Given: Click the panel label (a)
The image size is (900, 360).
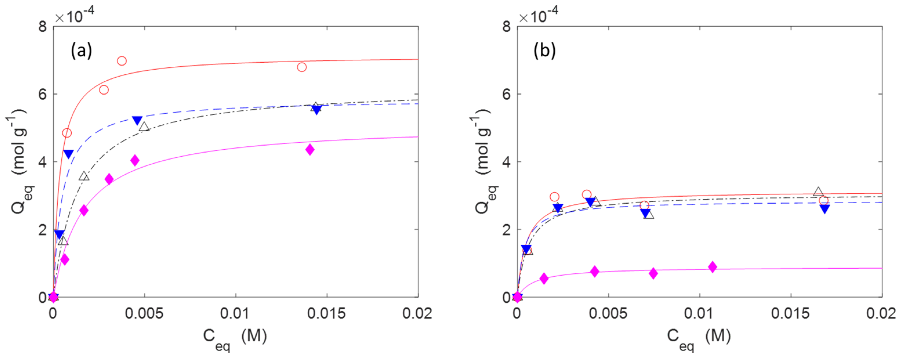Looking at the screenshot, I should (x=81, y=51).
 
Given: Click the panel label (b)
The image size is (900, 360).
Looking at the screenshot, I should (x=544, y=51).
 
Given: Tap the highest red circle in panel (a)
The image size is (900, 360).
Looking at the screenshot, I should (x=121, y=61).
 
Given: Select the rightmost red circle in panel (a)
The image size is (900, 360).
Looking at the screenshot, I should (x=302, y=67).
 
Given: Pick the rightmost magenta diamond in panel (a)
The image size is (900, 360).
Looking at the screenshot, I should (x=310, y=150).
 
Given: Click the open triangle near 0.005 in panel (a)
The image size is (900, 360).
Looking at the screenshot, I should (x=144, y=127).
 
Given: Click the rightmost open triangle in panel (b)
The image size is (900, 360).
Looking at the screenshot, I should (x=818, y=192).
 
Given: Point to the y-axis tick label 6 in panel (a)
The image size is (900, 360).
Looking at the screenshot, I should (x=42, y=94).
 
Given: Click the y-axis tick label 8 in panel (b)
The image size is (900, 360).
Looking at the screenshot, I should (x=506, y=27).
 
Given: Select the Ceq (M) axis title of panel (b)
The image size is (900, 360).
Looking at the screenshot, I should (x=699, y=338).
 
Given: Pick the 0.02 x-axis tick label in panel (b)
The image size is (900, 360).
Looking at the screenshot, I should (x=881, y=314).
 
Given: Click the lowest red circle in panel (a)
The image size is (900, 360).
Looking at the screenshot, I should (x=67, y=133).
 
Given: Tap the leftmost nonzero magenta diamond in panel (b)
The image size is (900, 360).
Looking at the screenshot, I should (x=544, y=278).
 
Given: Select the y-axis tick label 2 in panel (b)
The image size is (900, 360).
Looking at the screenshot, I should (x=506, y=230).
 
